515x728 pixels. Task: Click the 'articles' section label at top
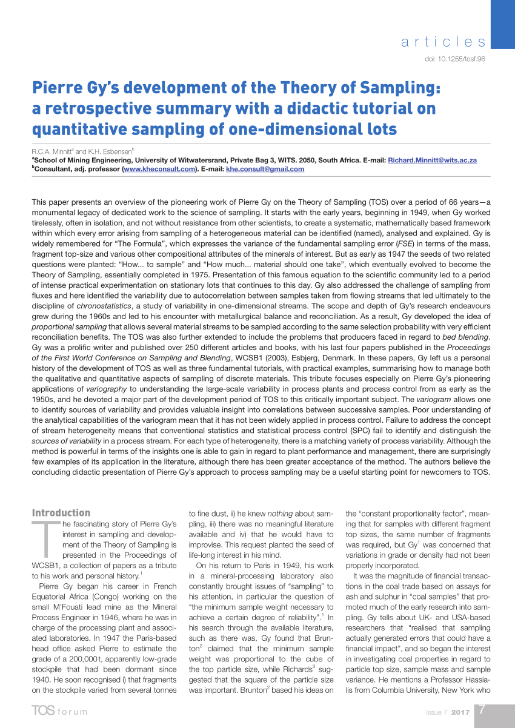(444, 42)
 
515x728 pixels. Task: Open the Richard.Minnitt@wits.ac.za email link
(432, 160)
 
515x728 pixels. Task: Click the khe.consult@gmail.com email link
(265, 169)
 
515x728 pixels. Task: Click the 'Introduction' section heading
(61, 512)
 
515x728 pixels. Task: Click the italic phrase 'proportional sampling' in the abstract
(67, 326)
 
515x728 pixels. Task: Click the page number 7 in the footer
(482, 710)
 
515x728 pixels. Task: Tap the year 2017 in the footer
(460, 712)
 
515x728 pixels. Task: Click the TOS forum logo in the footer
(59, 711)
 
